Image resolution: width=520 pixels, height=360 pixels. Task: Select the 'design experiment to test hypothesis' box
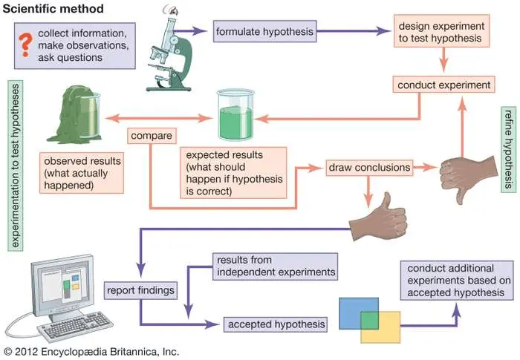point(444,32)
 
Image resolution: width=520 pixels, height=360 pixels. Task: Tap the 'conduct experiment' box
point(443,85)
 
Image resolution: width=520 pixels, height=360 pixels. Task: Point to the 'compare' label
point(152,136)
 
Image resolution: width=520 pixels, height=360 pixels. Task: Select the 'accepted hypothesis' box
point(275,324)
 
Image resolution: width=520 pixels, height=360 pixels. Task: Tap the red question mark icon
point(24,41)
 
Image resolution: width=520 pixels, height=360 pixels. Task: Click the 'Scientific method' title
point(44,8)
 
